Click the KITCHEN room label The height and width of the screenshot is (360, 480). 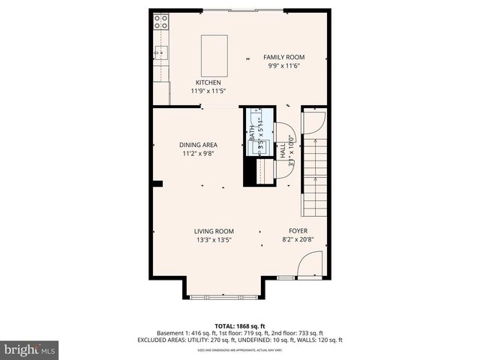point(208,82)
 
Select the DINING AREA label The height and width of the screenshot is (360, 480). point(198,145)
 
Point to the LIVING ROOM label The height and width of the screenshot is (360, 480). point(214,231)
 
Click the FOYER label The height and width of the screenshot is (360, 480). point(298,231)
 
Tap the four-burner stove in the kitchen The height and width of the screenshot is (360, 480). point(160,23)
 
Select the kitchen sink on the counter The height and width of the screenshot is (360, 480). point(160,52)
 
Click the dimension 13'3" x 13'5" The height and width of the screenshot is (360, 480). point(214,240)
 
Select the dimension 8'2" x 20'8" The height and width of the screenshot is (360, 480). point(298,240)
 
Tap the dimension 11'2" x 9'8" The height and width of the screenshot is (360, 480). point(198,154)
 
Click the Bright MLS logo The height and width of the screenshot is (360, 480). point(30,349)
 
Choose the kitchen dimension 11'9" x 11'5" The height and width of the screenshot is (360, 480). point(208,91)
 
